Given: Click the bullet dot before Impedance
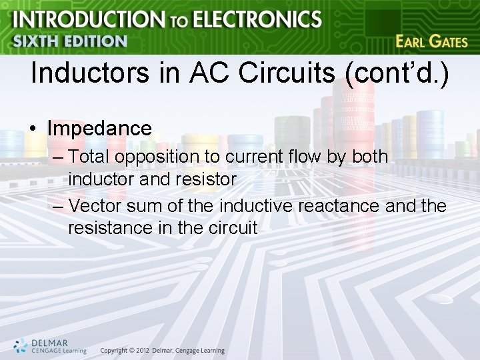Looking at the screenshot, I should (34, 129).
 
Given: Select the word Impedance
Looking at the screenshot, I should (99, 128).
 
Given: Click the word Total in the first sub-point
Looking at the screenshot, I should (90, 157).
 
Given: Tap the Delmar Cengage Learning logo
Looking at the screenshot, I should (50, 345).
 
